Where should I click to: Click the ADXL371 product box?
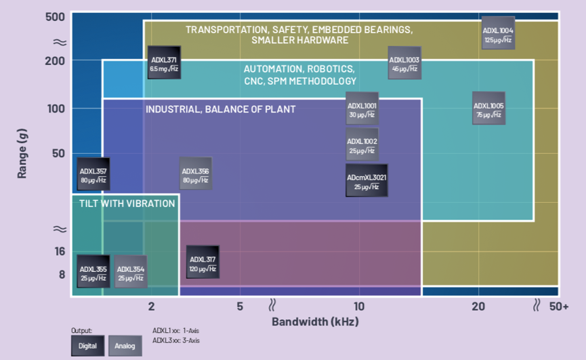tap(164, 63)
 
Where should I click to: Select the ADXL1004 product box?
tap(498, 35)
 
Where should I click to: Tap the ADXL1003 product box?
tap(404, 64)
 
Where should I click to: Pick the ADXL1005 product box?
tap(488, 109)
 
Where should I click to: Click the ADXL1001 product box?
tap(362, 109)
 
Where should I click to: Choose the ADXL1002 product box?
tap(362, 144)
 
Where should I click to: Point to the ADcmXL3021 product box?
tap(367, 180)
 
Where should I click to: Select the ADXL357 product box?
tap(93, 174)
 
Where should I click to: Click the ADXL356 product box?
tap(195, 174)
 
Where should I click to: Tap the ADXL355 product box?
tap(93, 273)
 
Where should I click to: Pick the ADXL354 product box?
tap(131, 273)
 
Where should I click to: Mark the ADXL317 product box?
tap(203, 262)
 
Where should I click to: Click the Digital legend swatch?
tap(87, 346)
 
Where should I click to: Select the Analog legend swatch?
tap(125, 346)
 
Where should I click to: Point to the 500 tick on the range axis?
tap(55, 16)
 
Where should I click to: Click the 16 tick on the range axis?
tap(60, 252)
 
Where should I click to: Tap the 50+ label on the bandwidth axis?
tap(559, 306)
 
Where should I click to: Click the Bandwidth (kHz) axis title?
tap(315, 321)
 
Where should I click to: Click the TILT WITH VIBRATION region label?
tap(127, 203)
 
